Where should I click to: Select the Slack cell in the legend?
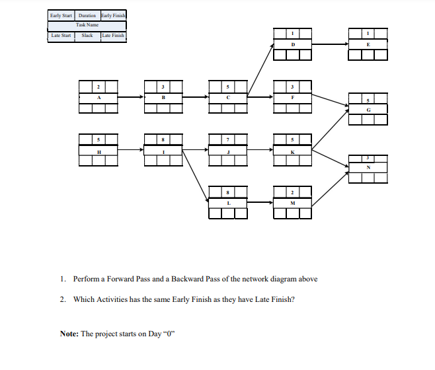87,36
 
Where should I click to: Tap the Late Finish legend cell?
113,36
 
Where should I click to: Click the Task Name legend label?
87,25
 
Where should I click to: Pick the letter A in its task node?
98,97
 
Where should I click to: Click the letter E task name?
368,44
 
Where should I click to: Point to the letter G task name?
368,110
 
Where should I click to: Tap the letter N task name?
368,168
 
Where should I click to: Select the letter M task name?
292,203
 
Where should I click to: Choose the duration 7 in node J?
227,139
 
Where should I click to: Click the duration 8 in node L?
227,192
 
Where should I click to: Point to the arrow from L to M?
260,203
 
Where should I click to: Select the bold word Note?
69,334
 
